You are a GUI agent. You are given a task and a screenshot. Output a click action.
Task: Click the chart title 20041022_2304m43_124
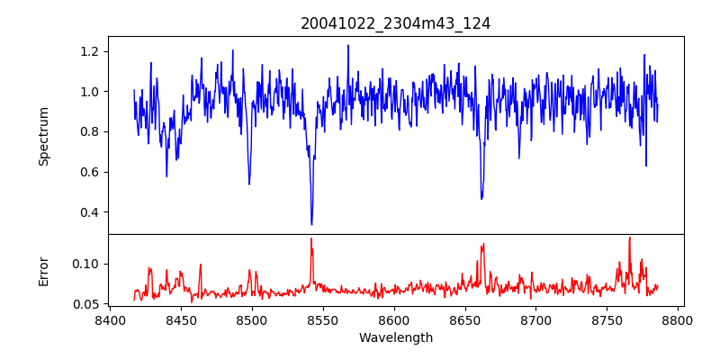(396, 23)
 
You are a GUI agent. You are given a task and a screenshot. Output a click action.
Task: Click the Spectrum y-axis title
(44, 136)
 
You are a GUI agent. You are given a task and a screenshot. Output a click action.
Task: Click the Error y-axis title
(44, 271)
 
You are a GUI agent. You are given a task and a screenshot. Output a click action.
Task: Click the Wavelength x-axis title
(396, 338)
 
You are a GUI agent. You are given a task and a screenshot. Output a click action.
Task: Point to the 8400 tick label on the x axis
(110, 319)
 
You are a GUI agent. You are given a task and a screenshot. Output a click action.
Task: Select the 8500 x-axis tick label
(252, 319)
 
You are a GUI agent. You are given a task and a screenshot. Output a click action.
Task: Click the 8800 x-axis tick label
(679, 319)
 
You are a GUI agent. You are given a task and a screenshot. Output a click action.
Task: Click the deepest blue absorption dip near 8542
(311, 224)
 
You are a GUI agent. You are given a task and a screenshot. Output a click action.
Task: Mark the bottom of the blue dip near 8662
(481, 198)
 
